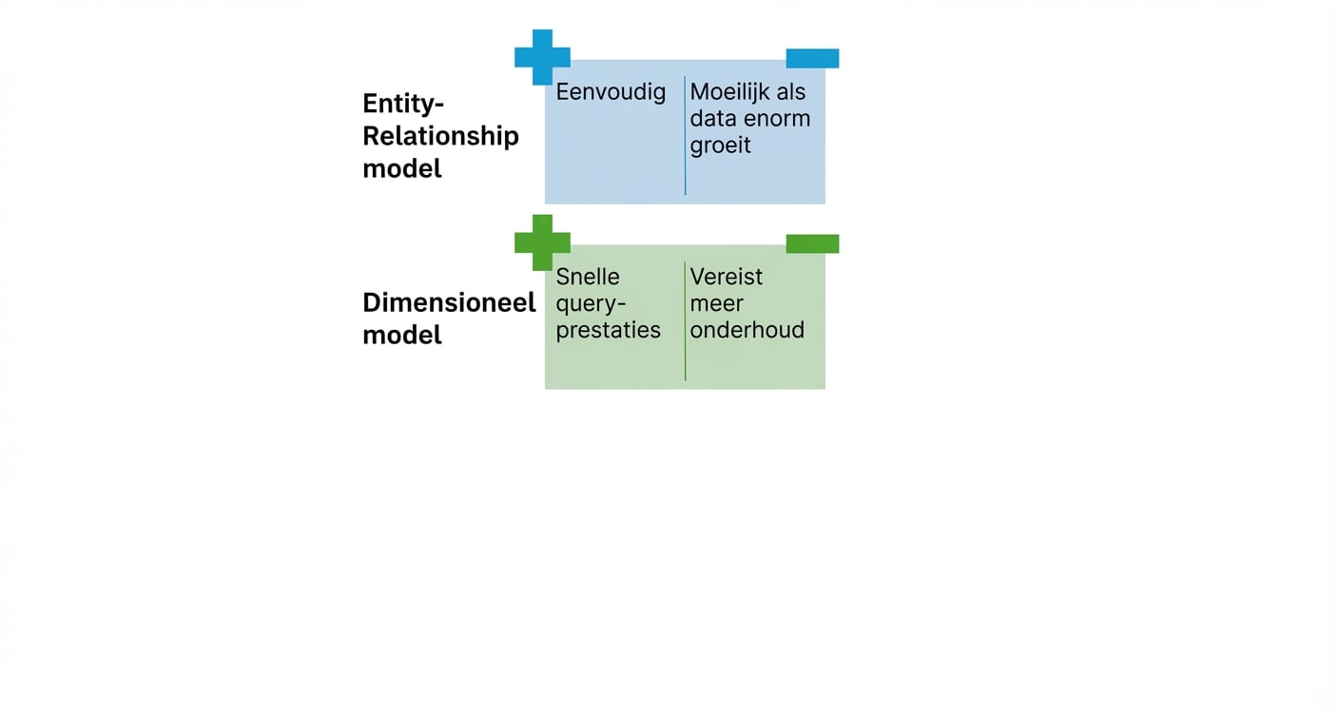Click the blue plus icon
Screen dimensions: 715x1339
(x=542, y=57)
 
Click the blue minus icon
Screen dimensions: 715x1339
(x=812, y=59)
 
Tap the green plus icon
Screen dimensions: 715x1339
(x=542, y=242)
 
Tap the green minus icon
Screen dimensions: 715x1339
(x=812, y=244)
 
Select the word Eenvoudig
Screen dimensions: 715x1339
(x=611, y=92)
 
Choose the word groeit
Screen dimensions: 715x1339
(x=720, y=146)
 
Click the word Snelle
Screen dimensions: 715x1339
(x=587, y=277)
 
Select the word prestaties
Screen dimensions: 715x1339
(x=608, y=331)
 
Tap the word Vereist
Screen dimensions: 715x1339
(x=726, y=277)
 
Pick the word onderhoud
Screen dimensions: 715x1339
(x=747, y=330)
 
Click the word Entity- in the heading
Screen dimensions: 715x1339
(x=403, y=103)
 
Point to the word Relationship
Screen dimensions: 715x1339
(x=440, y=136)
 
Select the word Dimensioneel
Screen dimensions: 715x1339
(x=449, y=302)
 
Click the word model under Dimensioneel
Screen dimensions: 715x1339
(x=401, y=336)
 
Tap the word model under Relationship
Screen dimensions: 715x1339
(x=401, y=169)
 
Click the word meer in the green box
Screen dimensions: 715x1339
(x=716, y=303)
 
